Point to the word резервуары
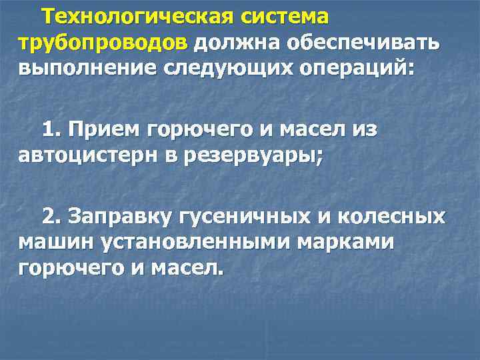254,155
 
